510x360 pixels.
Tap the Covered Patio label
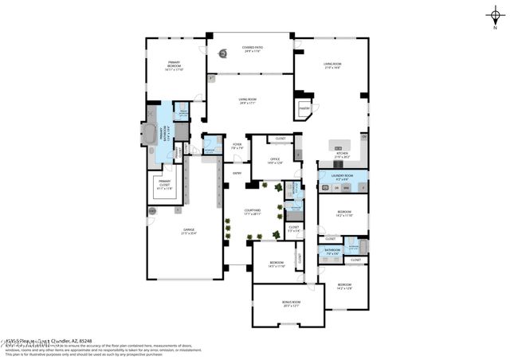click(253, 49)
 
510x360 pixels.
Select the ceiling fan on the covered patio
click(223, 56)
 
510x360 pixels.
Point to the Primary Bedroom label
click(174, 65)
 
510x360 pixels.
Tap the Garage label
click(189, 232)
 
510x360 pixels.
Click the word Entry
click(237, 173)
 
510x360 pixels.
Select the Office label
click(274, 161)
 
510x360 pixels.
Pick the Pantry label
click(304, 107)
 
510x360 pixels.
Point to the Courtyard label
click(253, 212)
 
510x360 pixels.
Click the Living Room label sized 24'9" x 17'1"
click(247, 101)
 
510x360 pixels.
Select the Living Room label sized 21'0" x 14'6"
click(331, 66)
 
